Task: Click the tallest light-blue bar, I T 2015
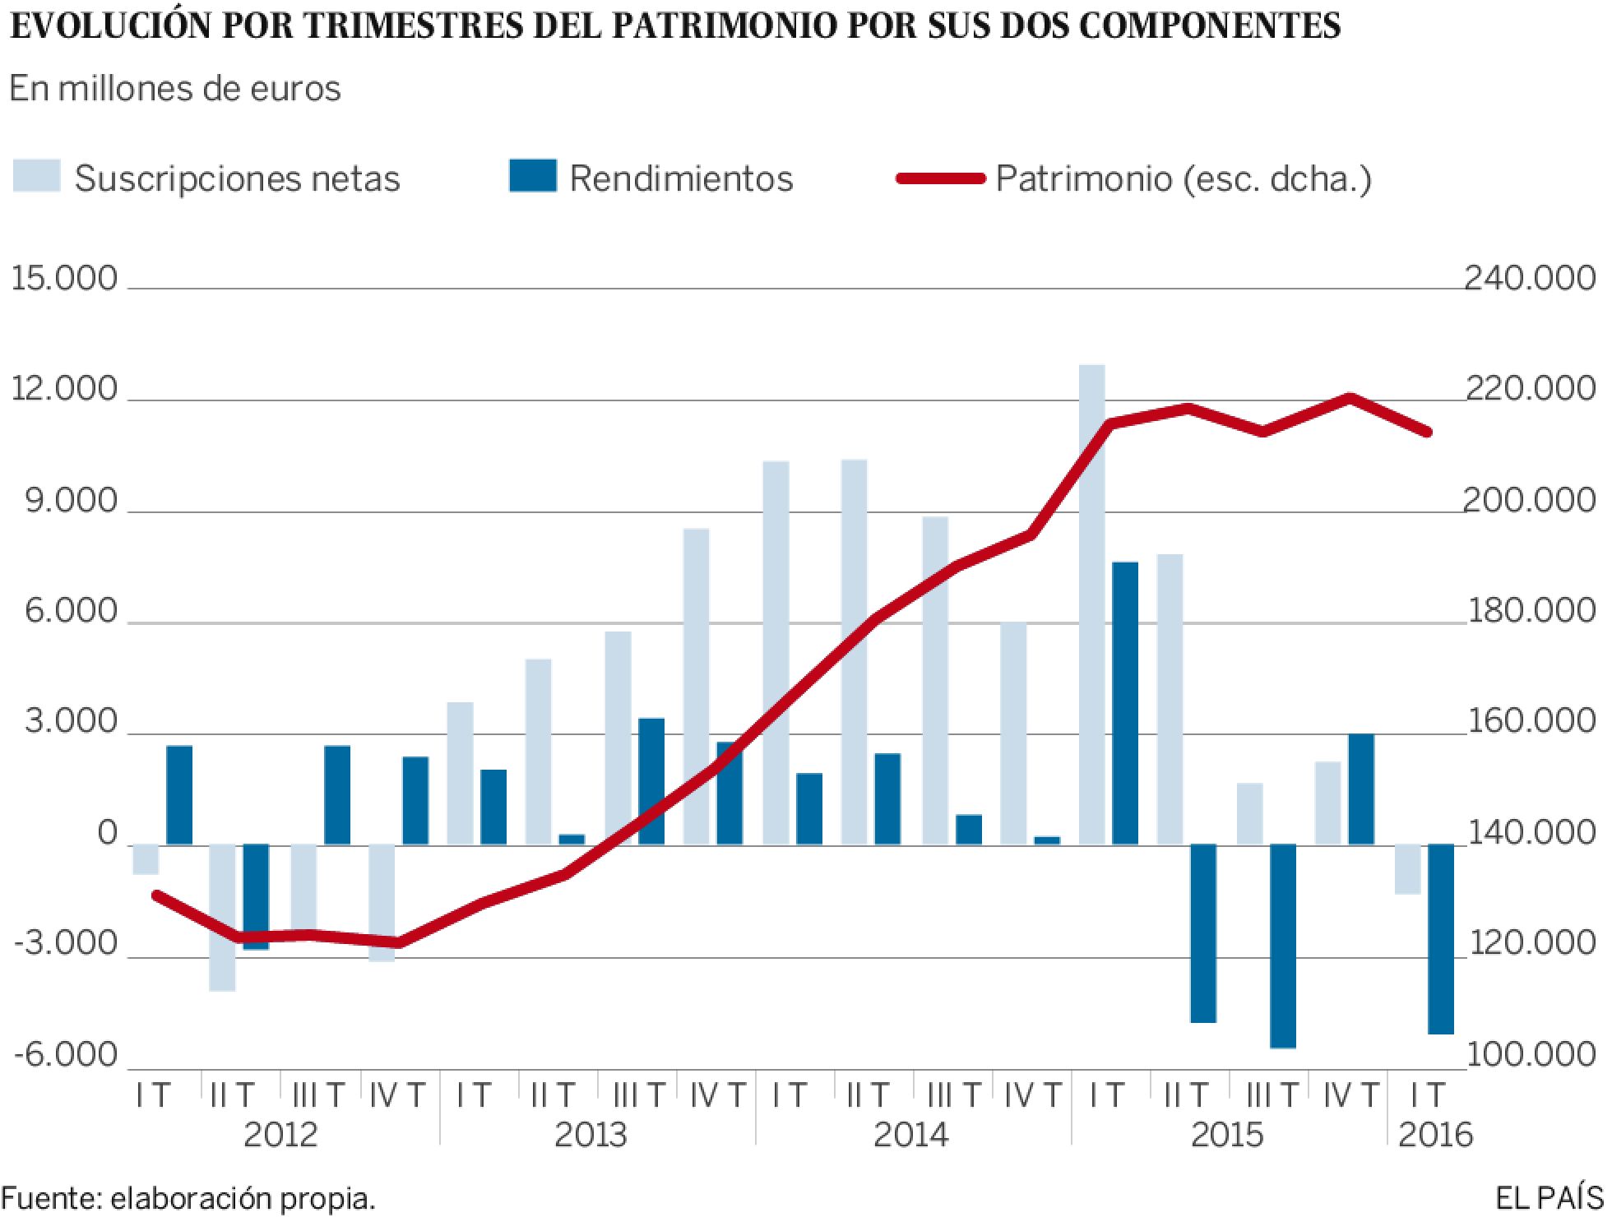(x=1091, y=604)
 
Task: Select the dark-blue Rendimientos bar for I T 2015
(x=1125, y=703)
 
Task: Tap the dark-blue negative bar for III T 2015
(x=1282, y=946)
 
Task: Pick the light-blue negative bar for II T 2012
(x=222, y=917)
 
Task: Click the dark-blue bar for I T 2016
(x=1440, y=937)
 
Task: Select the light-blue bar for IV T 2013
(x=696, y=687)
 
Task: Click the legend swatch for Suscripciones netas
(x=36, y=177)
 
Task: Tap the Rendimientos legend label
(x=681, y=178)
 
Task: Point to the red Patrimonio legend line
(x=940, y=178)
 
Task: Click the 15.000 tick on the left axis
(x=64, y=279)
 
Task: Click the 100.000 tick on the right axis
(x=1530, y=1056)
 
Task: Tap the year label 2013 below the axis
(x=590, y=1136)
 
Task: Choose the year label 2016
(x=1434, y=1136)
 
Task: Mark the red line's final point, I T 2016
(x=1428, y=432)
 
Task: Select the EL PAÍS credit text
(x=1549, y=1199)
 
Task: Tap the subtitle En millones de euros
(x=174, y=89)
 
